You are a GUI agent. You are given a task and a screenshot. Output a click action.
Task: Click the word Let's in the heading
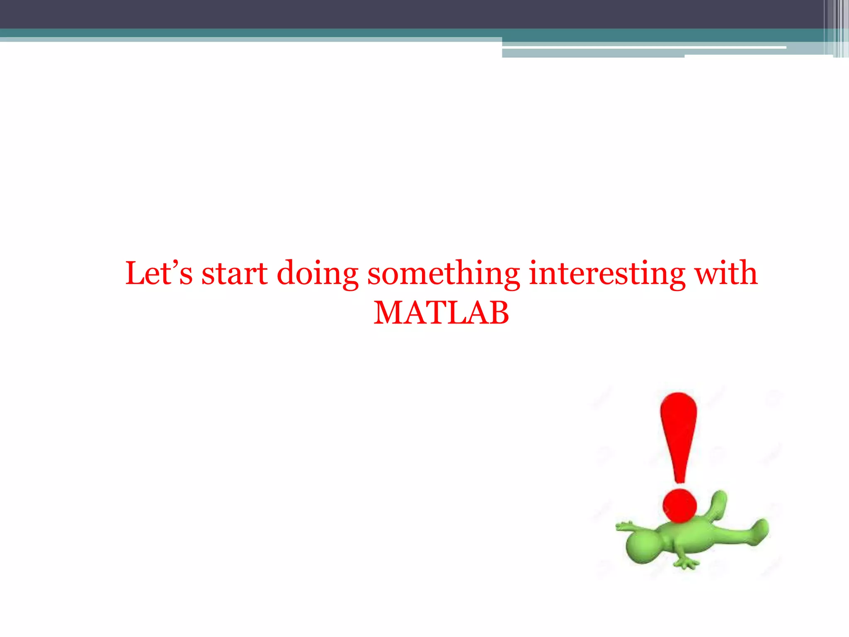click(x=159, y=273)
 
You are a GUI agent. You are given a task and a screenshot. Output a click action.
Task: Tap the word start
click(x=235, y=274)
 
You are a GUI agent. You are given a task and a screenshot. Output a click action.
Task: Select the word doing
click(x=318, y=274)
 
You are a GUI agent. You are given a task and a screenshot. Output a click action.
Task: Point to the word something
click(x=443, y=274)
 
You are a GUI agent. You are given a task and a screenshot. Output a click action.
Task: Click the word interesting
click(x=607, y=273)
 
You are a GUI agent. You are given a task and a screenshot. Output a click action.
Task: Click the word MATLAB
click(x=441, y=313)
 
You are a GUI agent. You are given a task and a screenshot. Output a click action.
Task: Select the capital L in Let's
click(x=136, y=273)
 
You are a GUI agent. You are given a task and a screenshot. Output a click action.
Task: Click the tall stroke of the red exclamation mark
click(x=679, y=435)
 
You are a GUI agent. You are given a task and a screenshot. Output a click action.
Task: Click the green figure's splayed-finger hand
click(x=686, y=563)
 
